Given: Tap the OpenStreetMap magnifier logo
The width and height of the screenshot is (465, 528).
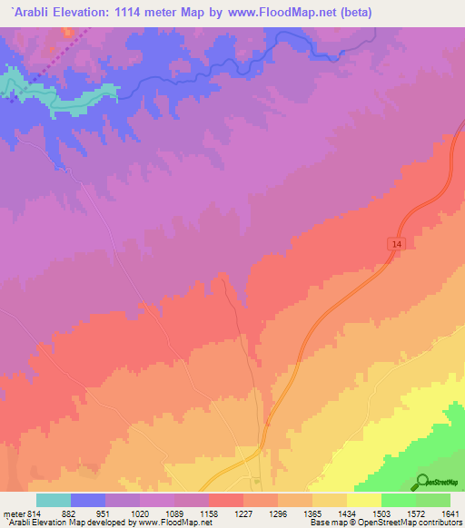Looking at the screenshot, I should (x=422, y=482).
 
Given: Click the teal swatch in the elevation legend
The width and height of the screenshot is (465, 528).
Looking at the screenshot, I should (x=54, y=500).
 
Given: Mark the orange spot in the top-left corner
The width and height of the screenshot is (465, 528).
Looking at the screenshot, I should (x=65, y=30).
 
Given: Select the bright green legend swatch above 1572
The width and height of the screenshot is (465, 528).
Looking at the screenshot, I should (x=399, y=500).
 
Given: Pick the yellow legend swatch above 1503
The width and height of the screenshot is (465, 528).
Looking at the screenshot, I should (x=364, y=500).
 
